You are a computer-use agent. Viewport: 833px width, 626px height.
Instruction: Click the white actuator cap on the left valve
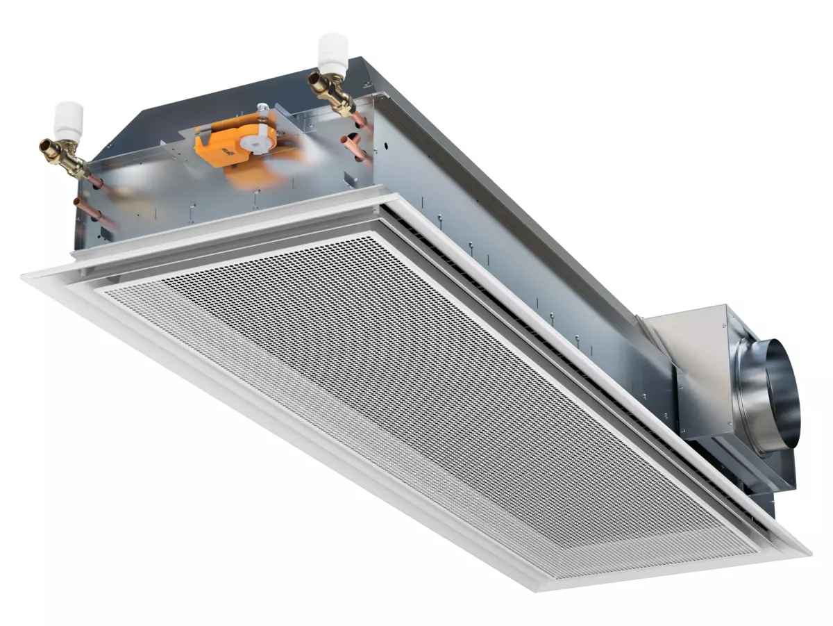click(69, 117)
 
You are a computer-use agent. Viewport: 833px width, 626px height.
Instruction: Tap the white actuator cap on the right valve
click(332, 49)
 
